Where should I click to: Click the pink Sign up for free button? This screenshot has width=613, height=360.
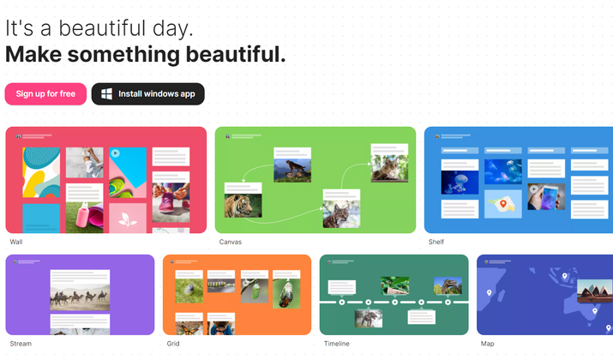coord(45,93)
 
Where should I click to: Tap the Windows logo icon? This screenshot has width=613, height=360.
coord(106,93)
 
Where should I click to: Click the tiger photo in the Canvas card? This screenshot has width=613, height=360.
coord(243,205)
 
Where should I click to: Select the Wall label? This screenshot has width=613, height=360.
coord(16,242)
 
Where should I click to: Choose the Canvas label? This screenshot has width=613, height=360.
coord(231,242)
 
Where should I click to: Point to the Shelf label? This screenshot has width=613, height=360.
coord(436,242)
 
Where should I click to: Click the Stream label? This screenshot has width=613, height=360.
coord(21,344)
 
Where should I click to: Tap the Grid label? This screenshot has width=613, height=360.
coord(173,344)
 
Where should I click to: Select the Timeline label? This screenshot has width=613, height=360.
coord(337,344)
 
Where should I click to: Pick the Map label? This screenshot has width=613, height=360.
coord(488,344)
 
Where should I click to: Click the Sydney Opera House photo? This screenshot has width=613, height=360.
coord(595,291)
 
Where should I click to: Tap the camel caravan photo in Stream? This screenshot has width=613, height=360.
coord(80,297)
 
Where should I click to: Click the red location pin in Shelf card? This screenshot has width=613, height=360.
coord(503,204)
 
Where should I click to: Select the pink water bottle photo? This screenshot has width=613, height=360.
coord(84,218)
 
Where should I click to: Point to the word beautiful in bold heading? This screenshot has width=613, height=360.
coord(236,54)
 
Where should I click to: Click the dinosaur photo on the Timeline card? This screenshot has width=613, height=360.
coord(448,285)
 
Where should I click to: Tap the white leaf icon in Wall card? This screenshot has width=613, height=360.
coord(128,219)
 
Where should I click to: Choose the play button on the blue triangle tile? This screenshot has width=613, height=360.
coord(115,153)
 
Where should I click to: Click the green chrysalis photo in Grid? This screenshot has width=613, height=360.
coord(255,291)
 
